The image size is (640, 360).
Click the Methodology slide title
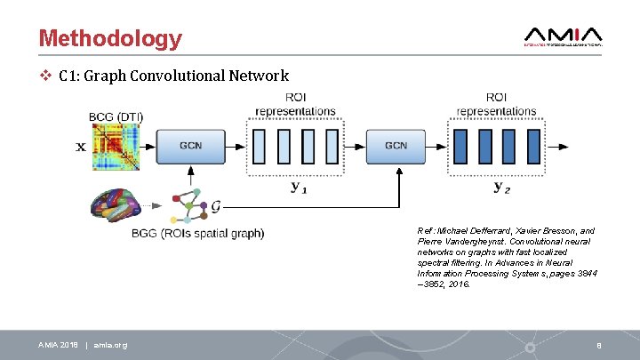110,38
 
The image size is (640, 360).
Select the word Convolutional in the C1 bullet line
172,76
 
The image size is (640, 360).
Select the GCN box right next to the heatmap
190,146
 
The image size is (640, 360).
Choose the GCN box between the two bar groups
396,146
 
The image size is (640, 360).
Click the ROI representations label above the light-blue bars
295,104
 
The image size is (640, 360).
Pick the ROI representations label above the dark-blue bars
498,104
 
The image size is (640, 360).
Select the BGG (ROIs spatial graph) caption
197,234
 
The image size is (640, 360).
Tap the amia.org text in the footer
110,345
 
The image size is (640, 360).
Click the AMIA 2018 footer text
58,345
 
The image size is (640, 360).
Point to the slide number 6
601,345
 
